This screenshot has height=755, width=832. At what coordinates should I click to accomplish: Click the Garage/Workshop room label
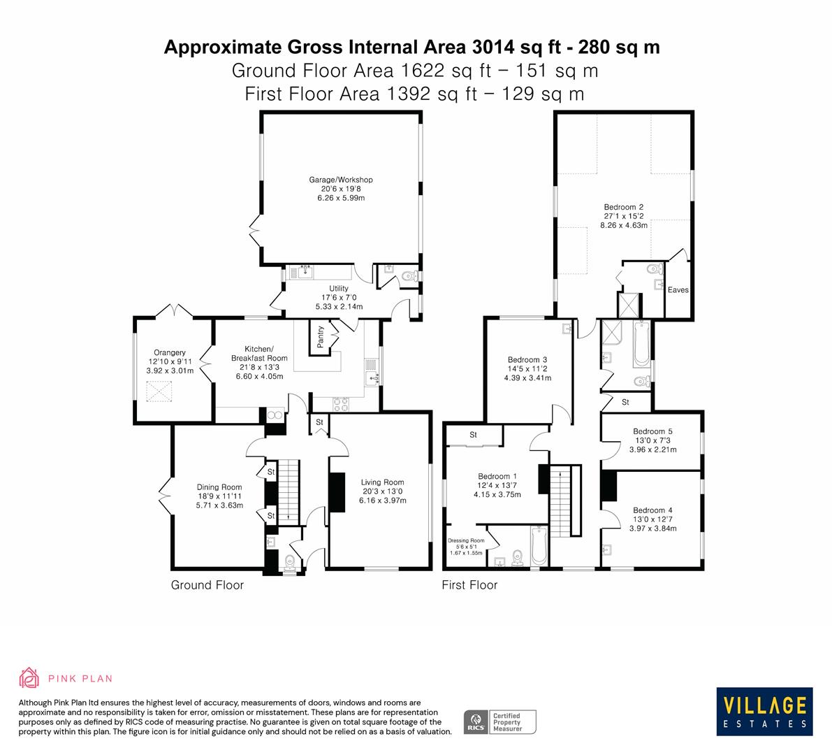coord(341,180)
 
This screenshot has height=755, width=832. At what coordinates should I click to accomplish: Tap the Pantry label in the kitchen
coord(321,337)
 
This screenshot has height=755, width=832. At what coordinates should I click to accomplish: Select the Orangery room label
coord(170,352)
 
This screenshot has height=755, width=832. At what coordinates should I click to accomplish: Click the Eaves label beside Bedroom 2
coord(678,289)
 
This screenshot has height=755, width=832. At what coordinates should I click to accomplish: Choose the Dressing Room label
coord(466,540)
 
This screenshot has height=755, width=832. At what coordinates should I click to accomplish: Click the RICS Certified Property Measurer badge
coord(500,721)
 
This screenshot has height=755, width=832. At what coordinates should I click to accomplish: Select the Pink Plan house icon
coord(29,677)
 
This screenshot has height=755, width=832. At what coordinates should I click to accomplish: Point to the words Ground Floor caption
coord(207,585)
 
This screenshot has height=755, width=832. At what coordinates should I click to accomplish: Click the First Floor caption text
coord(469,585)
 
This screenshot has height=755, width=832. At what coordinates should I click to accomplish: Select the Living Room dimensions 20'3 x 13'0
coord(382,491)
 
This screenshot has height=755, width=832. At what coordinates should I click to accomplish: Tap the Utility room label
coord(339,288)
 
